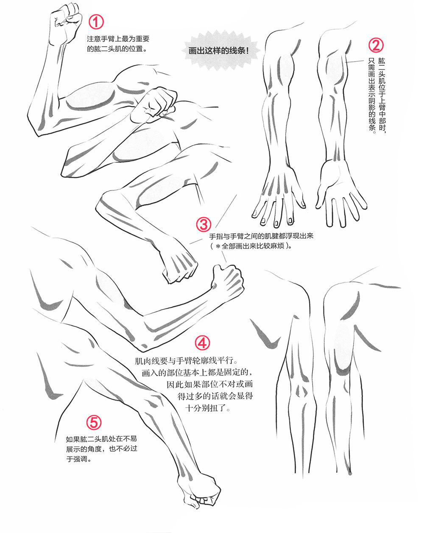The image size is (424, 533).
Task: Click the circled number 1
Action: [97, 22]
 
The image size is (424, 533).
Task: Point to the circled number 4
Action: [203, 343]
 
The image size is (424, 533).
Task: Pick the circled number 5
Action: [94, 422]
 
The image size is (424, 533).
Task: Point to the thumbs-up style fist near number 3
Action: [228, 282]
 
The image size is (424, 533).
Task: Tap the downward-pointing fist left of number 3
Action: [179, 264]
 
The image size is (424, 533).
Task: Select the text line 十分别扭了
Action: [208, 409]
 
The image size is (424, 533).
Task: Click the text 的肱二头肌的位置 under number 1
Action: [117, 49]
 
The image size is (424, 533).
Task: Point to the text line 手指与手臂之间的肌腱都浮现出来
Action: [261, 236]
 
